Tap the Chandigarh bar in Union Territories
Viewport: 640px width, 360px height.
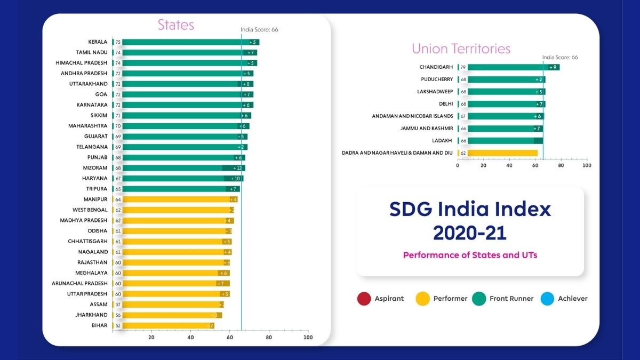pos(507,67)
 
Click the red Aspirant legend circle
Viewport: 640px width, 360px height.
pos(364,299)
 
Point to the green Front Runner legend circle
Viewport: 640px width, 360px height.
pos(479,299)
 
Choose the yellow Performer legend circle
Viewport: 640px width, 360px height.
pos(421,299)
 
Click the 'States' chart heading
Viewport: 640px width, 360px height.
pos(175,25)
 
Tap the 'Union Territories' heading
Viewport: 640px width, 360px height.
pos(461,49)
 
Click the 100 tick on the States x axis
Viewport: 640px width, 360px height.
pos(308,338)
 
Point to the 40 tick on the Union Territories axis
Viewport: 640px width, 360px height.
pos(509,165)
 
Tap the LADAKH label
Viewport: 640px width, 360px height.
pos(442,140)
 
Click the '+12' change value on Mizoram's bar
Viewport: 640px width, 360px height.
pos(237,168)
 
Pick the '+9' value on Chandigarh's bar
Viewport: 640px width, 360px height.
pos(553,67)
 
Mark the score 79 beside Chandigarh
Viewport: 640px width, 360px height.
pos(463,67)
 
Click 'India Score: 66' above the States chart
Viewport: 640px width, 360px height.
pos(259,30)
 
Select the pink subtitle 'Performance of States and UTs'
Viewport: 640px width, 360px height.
pos(470,255)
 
